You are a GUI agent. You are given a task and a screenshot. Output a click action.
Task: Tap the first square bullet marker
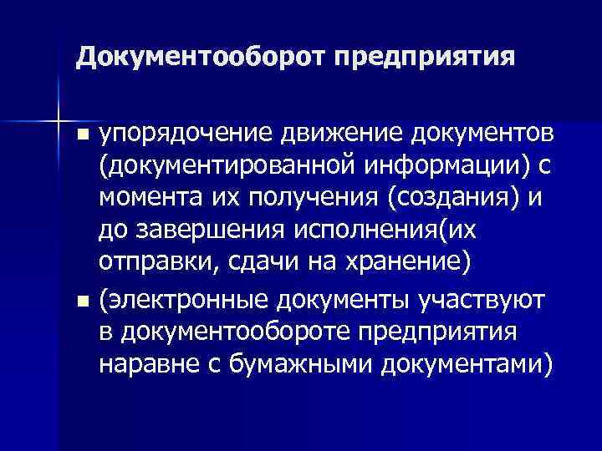pos(81,135)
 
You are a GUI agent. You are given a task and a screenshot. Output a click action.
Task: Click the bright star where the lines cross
pos(58,112)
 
